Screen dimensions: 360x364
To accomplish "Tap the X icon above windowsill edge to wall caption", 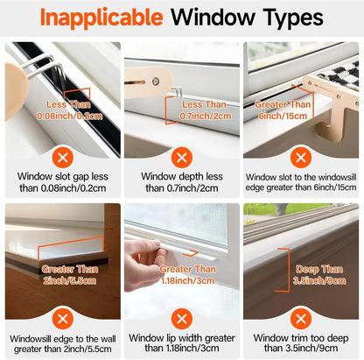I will [x=60, y=318].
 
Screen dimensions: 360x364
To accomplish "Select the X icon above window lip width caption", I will [x=182, y=318].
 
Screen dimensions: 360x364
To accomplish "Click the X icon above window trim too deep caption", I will [x=303, y=318].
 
